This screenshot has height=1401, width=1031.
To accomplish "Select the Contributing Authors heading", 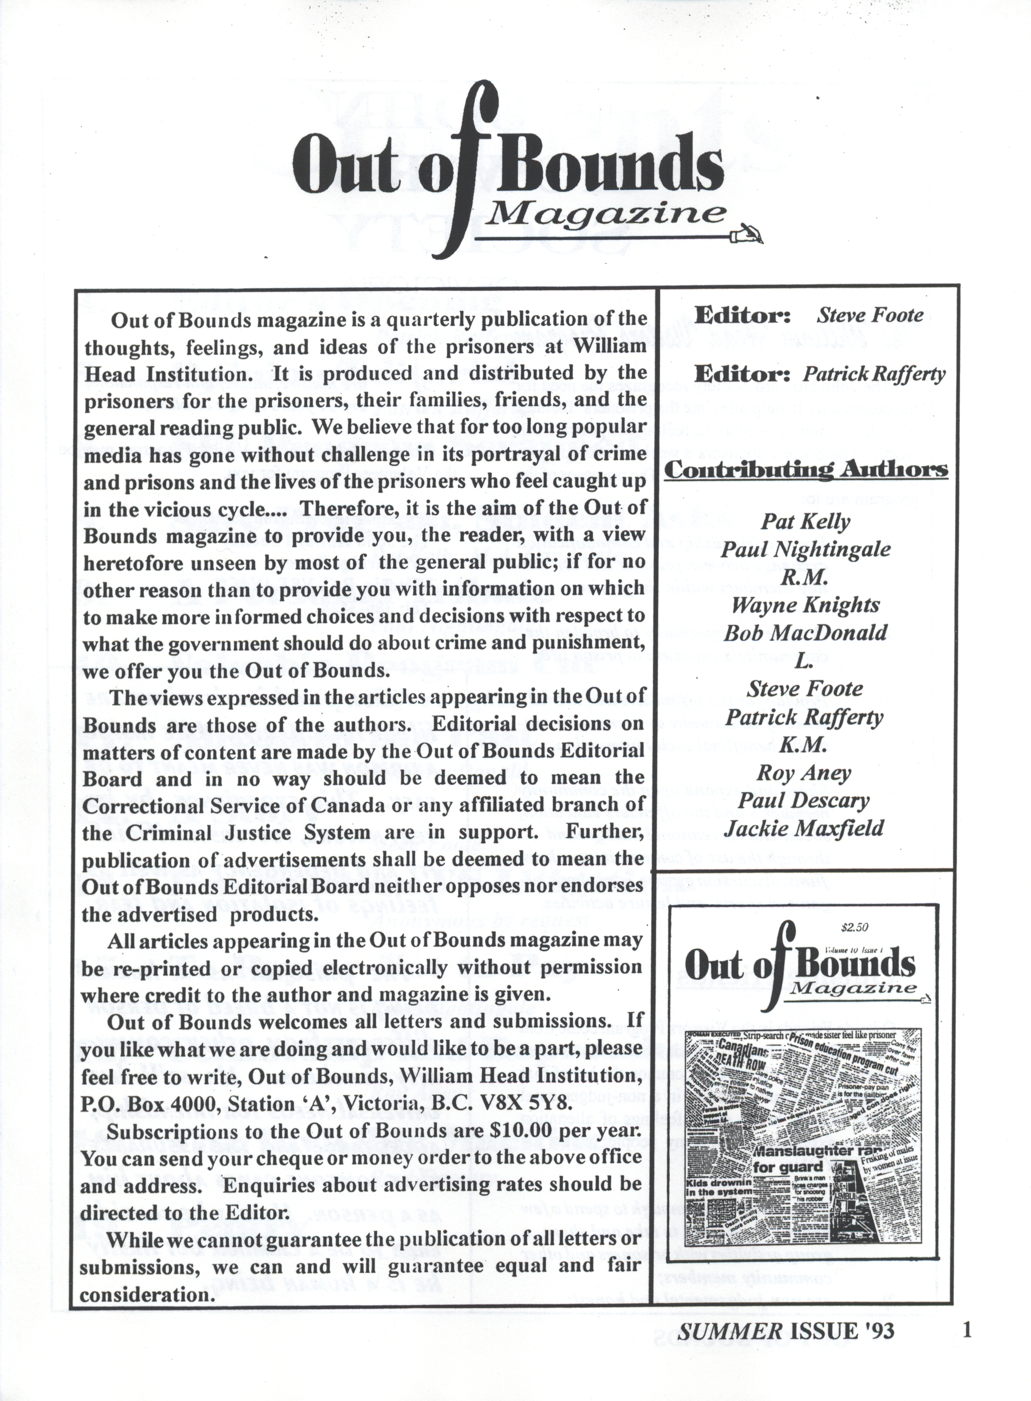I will click(x=806, y=470).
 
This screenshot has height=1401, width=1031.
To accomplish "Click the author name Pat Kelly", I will click(x=805, y=522).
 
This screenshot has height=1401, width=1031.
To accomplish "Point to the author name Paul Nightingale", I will click(x=805, y=550).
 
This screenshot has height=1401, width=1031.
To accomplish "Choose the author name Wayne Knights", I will click(x=805, y=605).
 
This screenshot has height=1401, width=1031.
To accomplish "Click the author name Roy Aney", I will click(x=804, y=774).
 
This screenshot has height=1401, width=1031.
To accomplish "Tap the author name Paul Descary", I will click(x=804, y=801).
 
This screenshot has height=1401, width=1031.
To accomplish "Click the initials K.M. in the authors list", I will click(x=804, y=746).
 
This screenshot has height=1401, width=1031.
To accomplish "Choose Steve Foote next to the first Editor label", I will click(x=870, y=315).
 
